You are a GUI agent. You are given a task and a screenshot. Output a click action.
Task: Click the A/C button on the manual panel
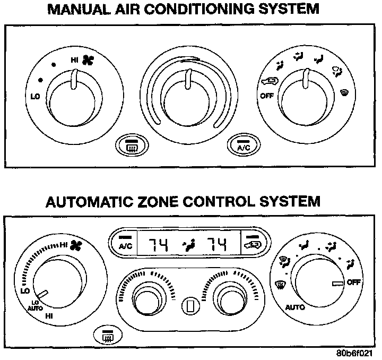tap(243, 145)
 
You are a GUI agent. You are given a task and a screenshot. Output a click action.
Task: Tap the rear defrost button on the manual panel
tap(131, 145)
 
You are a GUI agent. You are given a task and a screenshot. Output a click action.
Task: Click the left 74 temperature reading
tap(158, 245)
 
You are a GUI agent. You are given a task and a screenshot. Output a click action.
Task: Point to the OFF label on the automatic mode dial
tap(354, 282)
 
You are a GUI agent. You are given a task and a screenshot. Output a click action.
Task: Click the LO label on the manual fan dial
tap(34, 97)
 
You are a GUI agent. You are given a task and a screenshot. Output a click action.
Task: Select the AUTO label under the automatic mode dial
tap(294, 307)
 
